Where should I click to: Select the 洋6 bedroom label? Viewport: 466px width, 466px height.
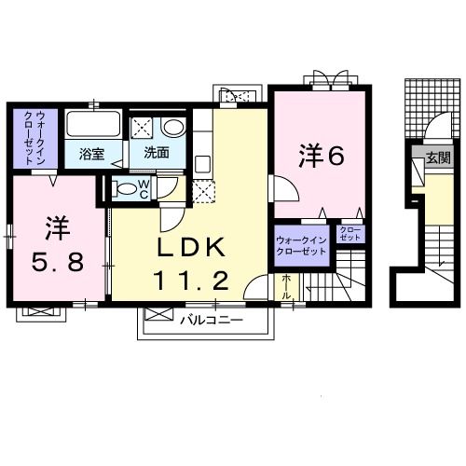tap(322, 156)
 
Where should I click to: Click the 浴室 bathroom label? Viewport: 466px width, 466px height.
tap(90, 153)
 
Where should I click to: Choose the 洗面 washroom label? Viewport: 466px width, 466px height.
tap(157, 153)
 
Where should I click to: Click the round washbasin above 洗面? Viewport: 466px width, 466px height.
tap(173, 129)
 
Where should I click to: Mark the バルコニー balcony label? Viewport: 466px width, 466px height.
tap(212, 320)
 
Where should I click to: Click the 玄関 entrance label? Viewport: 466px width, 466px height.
tap(437, 158)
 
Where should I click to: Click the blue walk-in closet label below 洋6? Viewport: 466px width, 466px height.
tap(300, 246)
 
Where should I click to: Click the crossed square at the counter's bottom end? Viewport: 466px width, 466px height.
tap(202, 190)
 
